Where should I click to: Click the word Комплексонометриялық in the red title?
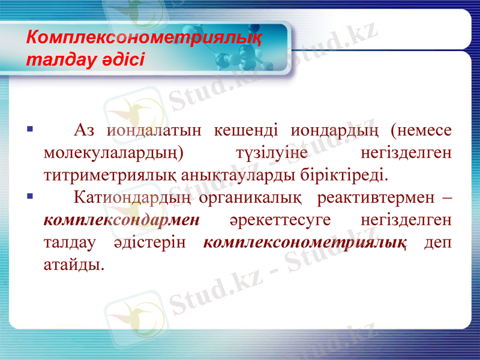tap(144, 38)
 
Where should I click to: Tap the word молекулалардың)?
tap(115, 153)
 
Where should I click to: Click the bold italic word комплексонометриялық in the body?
tap(306, 242)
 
